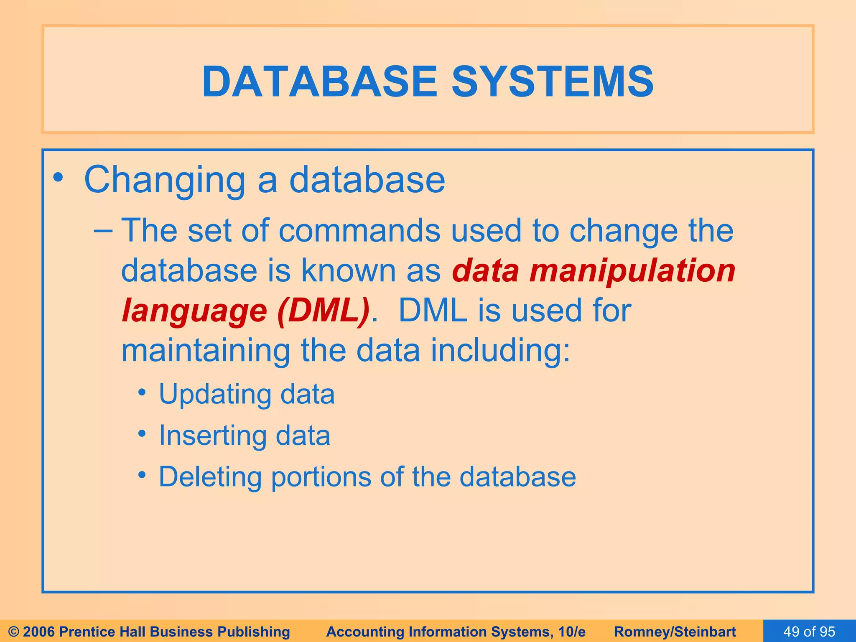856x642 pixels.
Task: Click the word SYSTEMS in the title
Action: [553, 82]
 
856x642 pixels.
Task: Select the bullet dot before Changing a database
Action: [58, 178]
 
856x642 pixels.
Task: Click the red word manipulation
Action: [632, 271]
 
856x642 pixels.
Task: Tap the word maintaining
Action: [205, 350]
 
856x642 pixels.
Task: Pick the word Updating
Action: [214, 395]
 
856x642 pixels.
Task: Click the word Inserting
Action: [212, 436]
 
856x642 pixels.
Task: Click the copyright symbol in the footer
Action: [14, 632]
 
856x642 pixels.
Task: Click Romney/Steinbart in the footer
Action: [675, 632]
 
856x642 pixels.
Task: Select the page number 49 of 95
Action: [809, 632]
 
